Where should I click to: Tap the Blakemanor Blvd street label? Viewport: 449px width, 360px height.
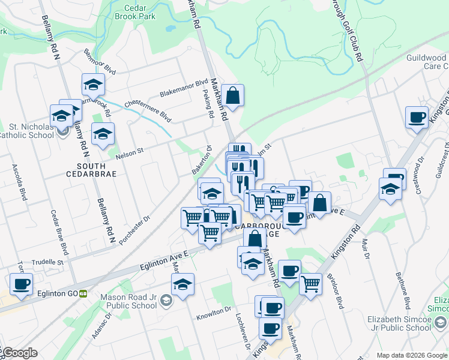[183, 89]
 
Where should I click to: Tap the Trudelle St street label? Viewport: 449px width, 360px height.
[47, 262]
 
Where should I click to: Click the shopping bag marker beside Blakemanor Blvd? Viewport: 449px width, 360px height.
[232, 95]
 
